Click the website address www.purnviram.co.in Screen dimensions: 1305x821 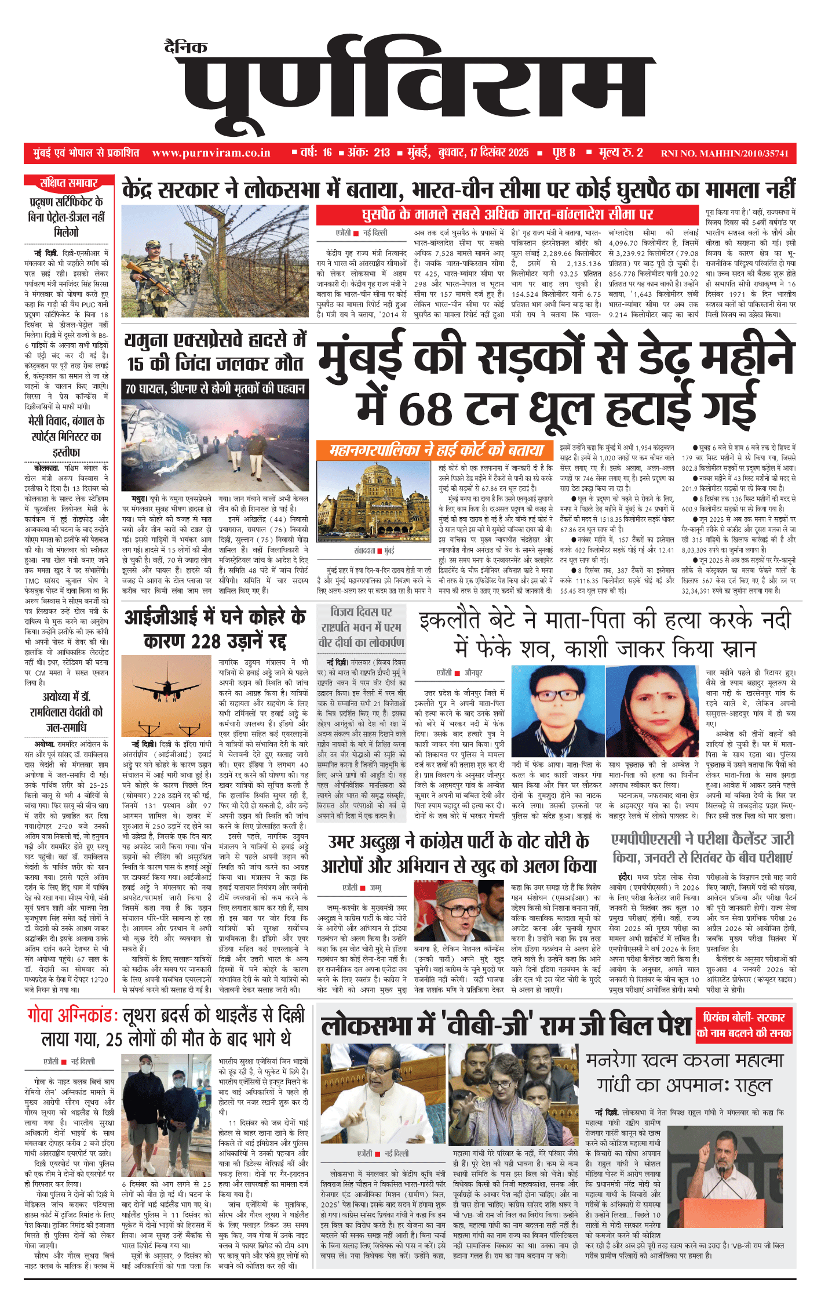pos(211,153)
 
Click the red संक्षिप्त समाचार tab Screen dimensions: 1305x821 pos(68,183)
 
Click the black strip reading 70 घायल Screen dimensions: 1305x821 pos(215,389)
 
